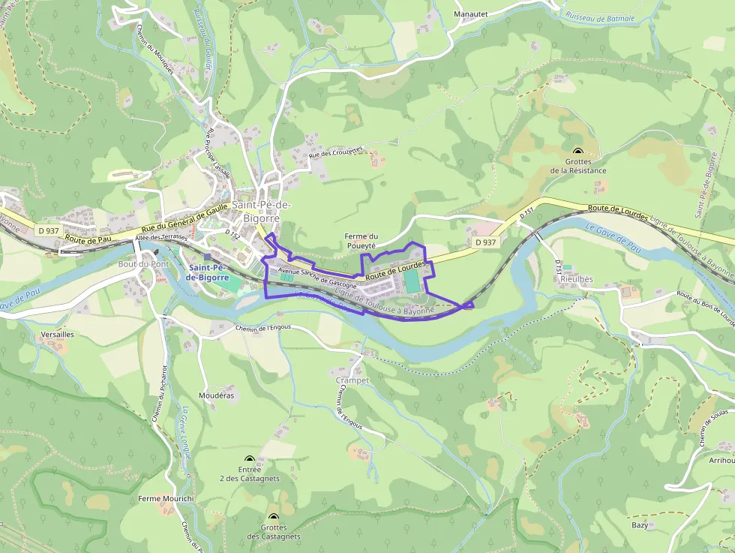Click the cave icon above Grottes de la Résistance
(x=577, y=152)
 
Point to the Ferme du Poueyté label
(x=361, y=241)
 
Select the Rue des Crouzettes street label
(x=335, y=154)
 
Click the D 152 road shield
(x=232, y=235)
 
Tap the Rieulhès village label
(x=576, y=279)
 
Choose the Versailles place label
(x=58, y=335)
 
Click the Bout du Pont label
(x=144, y=264)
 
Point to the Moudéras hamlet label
(x=217, y=395)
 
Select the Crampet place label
(x=352, y=380)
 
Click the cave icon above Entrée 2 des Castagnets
(x=250, y=459)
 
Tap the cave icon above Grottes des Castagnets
(x=273, y=517)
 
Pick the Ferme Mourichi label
(x=166, y=498)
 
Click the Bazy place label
(x=640, y=525)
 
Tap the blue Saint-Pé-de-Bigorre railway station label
(x=206, y=272)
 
